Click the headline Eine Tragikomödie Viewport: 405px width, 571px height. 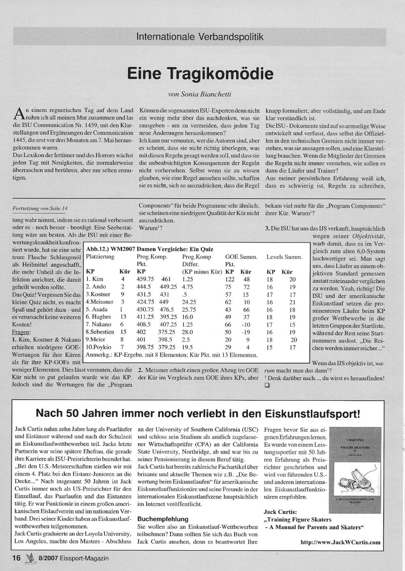pyautogui.click(x=200, y=74)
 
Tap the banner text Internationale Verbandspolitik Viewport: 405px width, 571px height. pyautogui.click(x=200, y=37)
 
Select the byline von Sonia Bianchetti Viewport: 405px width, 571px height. pyautogui.click(x=200, y=95)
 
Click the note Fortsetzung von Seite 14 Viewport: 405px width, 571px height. pyautogui.click(x=40, y=208)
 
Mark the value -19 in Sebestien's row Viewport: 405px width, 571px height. pyautogui.click(x=246, y=332)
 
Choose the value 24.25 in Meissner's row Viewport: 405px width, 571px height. pyautogui.click(x=189, y=302)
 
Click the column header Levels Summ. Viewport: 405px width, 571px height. pyautogui.click(x=284, y=257)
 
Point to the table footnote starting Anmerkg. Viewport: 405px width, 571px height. pyautogui.click(x=172, y=355)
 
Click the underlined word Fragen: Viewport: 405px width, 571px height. pyautogui.click(x=21, y=332)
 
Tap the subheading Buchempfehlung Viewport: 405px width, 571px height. pyautogui.click(x=163, y=519)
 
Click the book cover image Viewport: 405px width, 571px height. pyautogui.click(x=355, y=472)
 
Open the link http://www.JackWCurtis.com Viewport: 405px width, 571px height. pyautogui.click(x=341, y=542)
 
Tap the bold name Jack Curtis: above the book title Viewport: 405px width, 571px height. pyautogui.click(x=280, y=512)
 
